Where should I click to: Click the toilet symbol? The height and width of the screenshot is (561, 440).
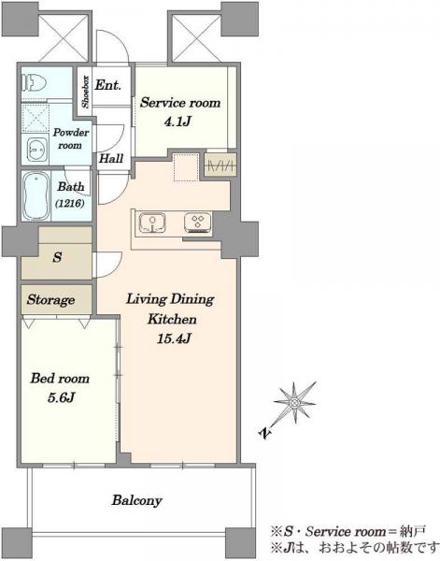(x=35, y=83)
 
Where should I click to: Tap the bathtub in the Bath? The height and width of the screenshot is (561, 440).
(x=35, y=195)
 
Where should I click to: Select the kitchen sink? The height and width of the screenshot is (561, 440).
(x=152, y=223)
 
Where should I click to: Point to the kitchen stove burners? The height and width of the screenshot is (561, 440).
(x=198, y=223)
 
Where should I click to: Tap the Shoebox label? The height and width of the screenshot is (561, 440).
(x=85, y=92)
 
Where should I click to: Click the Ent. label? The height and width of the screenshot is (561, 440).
(x=108, y=85)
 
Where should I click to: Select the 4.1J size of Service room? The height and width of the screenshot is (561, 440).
(x=177, y=122)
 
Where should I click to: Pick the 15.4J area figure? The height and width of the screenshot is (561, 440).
(x=174, y=338)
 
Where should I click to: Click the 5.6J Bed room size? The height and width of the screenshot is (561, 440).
(x=61, y=397)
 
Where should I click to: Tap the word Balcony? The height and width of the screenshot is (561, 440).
(x=136, y=500)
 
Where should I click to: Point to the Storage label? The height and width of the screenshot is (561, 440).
(x=50, y=299)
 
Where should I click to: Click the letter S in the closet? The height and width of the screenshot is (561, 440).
(x=57, y=257)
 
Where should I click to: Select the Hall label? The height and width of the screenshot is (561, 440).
(x=111, y=158)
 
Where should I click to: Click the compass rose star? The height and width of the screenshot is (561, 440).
(x=295, y=402)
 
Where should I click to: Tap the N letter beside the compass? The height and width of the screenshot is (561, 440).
(x=264, y=434)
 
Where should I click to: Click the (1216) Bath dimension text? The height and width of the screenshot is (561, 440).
(x=70, y=204)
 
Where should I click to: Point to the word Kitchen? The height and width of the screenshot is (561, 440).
(x=172, y=319)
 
